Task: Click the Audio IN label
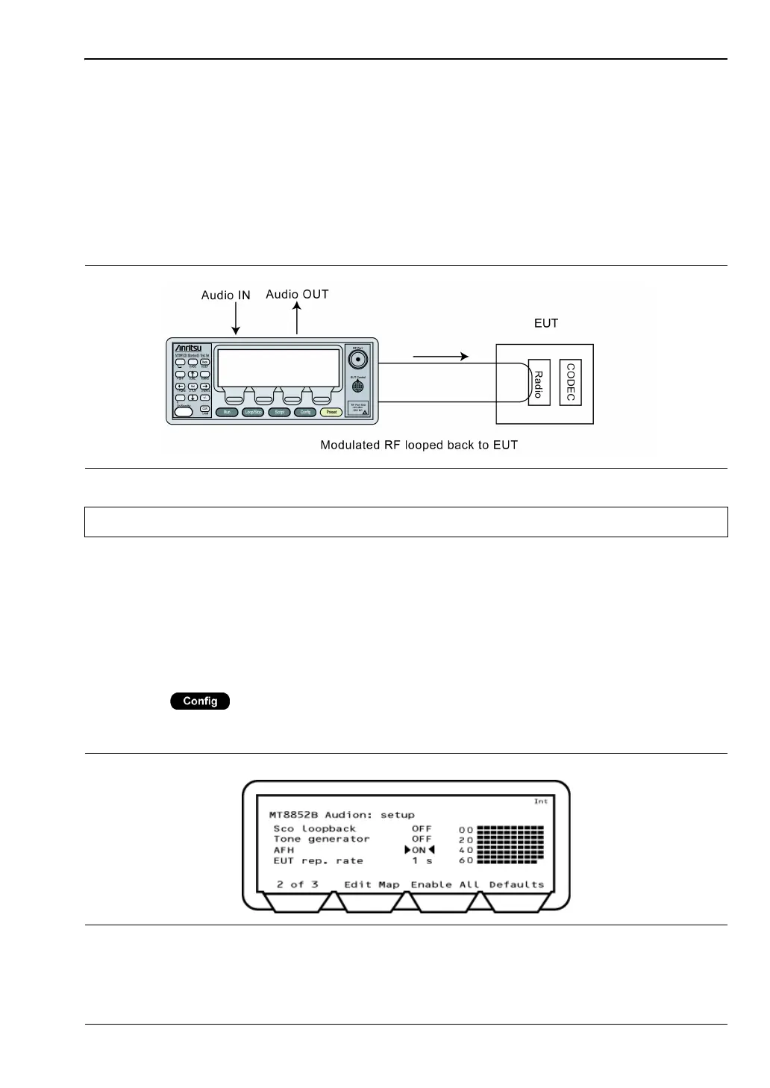(x=225, y=296)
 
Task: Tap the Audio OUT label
(x=297, y=294)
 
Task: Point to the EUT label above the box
(x=546, y=324)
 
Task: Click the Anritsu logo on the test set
(x=192, y=348)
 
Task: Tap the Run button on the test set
(x=226, y=412)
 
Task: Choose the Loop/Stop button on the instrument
(x=252, y=412)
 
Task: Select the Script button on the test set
(x=279, y=412)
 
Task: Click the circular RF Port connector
(x=358, y=360)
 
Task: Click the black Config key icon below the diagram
(x=200, y=701)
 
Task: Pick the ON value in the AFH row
(x=419, y=850)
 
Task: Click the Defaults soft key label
(x=516, y=884)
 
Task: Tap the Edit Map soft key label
(x=372, y=884)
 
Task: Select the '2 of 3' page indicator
(x=297, y=884)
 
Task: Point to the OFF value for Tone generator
(x=422, y=839)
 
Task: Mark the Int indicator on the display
(x=540, y=801)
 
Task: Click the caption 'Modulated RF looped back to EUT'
(x=419, y=445)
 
